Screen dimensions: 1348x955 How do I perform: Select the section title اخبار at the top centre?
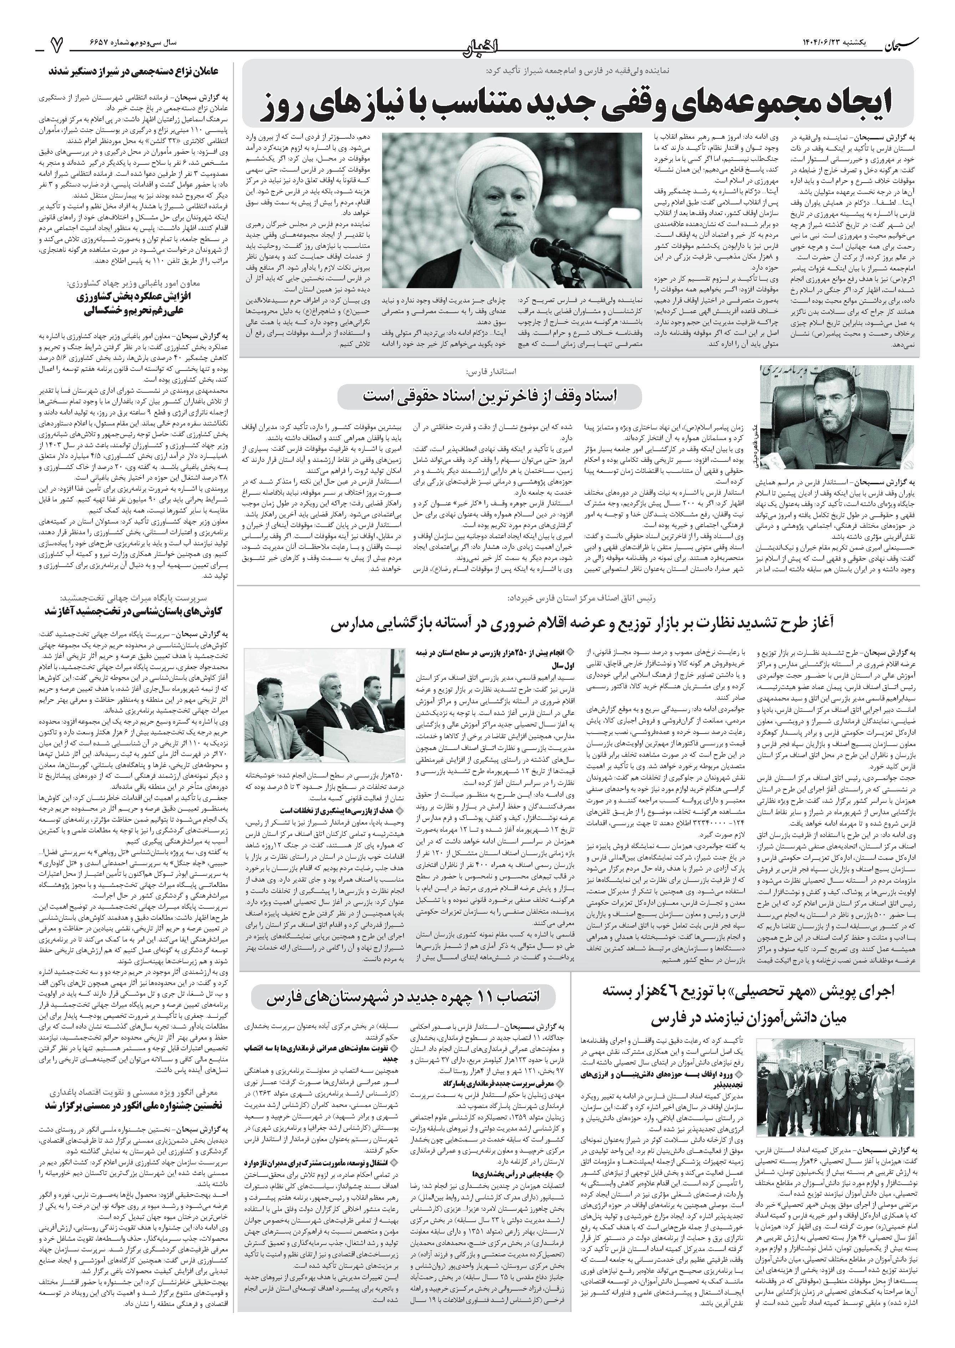point(477,42)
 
